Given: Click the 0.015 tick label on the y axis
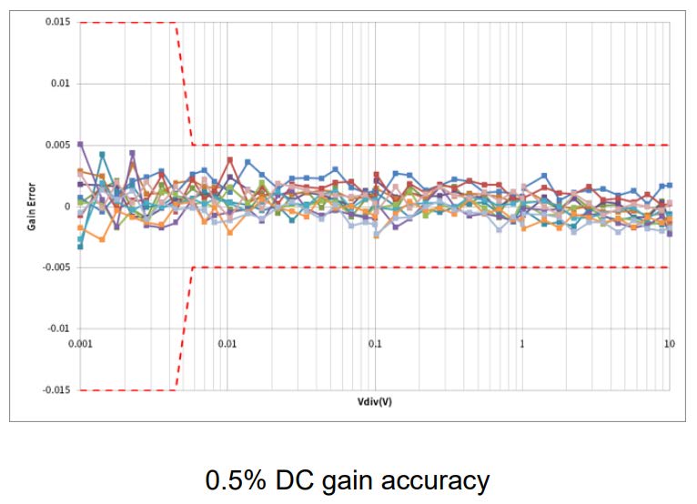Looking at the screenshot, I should coord(57,22).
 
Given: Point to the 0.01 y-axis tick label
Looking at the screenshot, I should coord(60,84).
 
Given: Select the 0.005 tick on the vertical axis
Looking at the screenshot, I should coord(57,145).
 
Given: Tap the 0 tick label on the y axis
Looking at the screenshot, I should coord(67,207).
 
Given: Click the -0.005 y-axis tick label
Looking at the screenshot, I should coord(56,267).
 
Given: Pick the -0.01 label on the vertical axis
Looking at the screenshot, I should coord(58,328).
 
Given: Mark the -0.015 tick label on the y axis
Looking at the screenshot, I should coord(56,390).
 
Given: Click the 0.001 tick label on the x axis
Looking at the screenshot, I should coord(81,344).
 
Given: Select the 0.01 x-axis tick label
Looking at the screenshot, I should coord(227,344).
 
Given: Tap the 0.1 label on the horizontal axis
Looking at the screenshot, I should coord(375,344).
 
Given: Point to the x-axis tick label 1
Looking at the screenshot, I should coord(522,344).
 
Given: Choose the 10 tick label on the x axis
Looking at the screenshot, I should coord(669,344).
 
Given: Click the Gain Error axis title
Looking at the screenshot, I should coord(31,207).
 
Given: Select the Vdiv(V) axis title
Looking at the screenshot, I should coord(375,401).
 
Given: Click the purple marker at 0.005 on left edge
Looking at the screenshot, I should coord(80,145).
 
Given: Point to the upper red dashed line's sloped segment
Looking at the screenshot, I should coord(184,84).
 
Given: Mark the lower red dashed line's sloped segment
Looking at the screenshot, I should coord(184,328).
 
